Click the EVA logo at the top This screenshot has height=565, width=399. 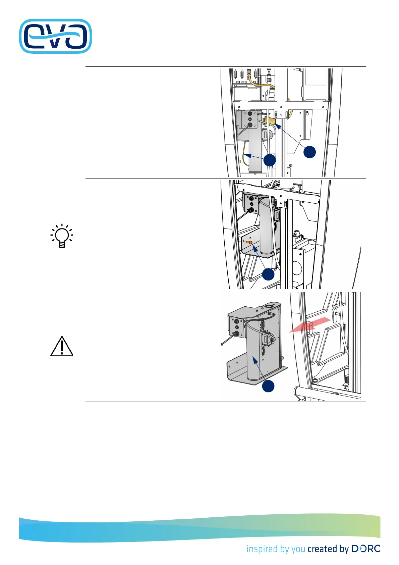[x=55, y=36]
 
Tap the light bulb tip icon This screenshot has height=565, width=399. [x=62, y=236]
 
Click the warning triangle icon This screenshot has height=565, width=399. [x=62, y=346]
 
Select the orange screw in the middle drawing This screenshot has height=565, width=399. [x=249, y=242]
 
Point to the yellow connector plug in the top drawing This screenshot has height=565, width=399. [x=269, y=121]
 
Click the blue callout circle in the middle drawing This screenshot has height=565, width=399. [x=268, y=274]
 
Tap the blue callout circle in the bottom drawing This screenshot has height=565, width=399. [x=268, y=386]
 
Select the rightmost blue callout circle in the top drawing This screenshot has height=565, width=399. [x=309, y=152]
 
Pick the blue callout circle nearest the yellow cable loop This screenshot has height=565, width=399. [x=270, y=160]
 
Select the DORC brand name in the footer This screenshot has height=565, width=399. [x=366, y=549]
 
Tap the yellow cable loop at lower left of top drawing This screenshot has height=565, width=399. [x=244, y=154]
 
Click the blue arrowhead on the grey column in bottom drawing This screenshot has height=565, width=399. [x=255, y=360]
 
